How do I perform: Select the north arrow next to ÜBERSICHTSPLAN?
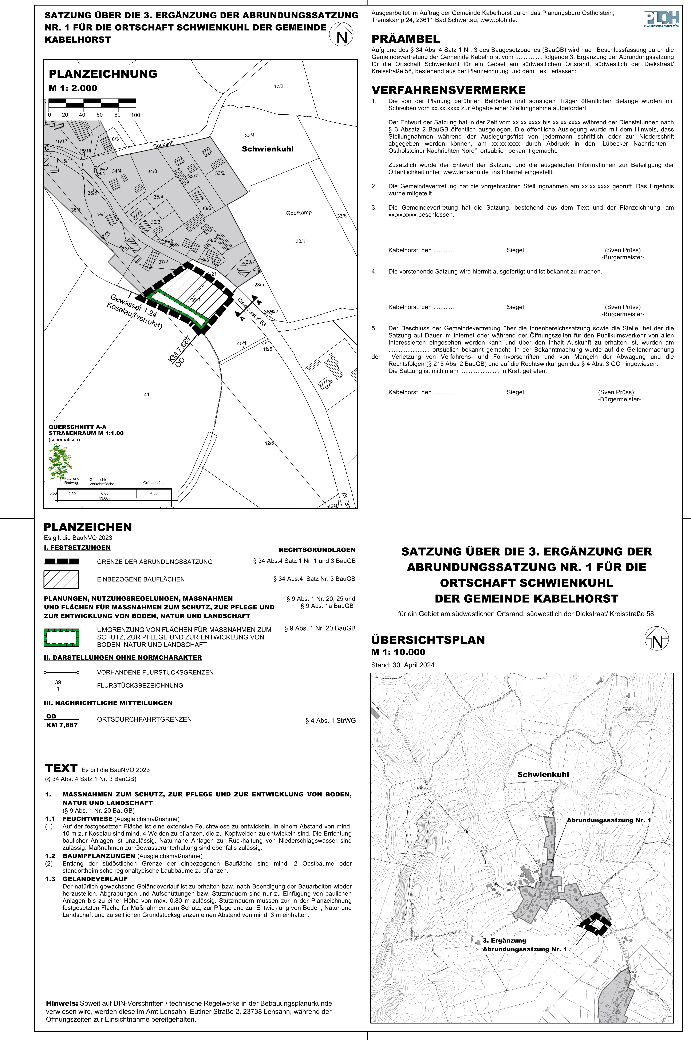pos(656,639)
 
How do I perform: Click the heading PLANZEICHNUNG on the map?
pos(103,74)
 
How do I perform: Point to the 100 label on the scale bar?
pos(135,115)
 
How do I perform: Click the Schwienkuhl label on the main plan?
pos(268,149)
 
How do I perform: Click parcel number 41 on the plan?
pos(147,394)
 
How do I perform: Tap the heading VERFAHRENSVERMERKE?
pos(449,90)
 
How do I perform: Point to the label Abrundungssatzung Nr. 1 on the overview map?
pos(609,820)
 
